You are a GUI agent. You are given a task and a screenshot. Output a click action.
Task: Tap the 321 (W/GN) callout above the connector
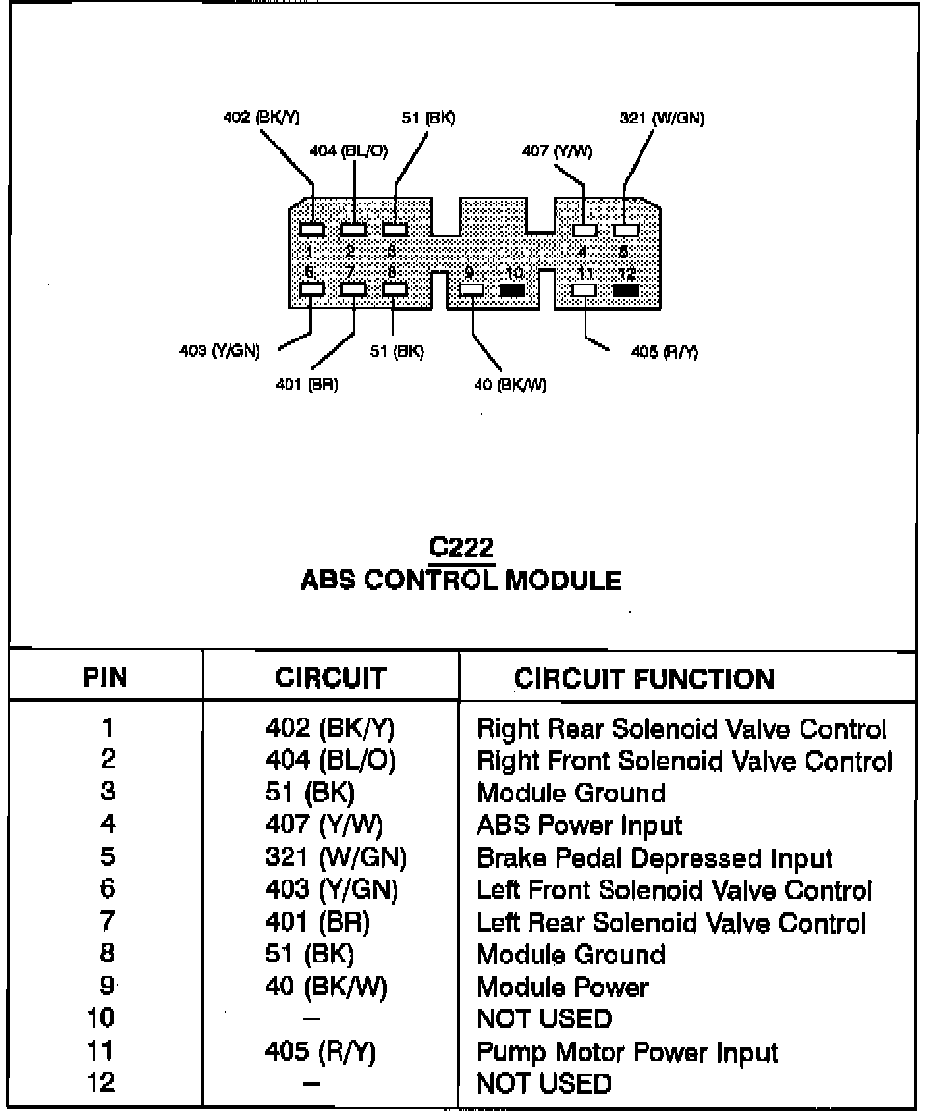662,119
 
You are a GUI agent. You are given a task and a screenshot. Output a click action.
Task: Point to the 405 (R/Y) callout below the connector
665,352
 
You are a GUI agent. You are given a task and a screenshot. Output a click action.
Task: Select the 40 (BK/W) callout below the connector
510,385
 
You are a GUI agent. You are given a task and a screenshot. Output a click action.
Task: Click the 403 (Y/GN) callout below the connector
219,351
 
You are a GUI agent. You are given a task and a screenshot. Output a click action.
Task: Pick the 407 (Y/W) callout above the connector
557,150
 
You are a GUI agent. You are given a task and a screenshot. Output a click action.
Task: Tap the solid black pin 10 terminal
512,289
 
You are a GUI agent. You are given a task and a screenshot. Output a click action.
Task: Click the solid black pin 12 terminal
626,289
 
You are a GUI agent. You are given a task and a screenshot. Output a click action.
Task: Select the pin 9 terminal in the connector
472,289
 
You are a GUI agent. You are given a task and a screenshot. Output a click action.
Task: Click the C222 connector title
462,549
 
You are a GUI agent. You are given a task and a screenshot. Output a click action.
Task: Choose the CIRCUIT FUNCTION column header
644,679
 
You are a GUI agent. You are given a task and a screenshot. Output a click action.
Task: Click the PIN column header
106,677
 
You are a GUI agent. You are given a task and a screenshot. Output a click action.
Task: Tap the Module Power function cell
562,988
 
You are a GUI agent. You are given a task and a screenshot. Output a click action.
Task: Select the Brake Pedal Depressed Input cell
655,858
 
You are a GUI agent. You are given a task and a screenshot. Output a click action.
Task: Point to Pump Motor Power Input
627,1052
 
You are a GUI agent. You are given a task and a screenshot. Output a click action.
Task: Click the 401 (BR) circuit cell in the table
317,923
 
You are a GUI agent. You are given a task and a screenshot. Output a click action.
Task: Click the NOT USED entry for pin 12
544,1084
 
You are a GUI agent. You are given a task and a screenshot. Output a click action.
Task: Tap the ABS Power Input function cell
579,826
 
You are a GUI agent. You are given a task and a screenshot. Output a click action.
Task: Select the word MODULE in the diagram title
563,581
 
